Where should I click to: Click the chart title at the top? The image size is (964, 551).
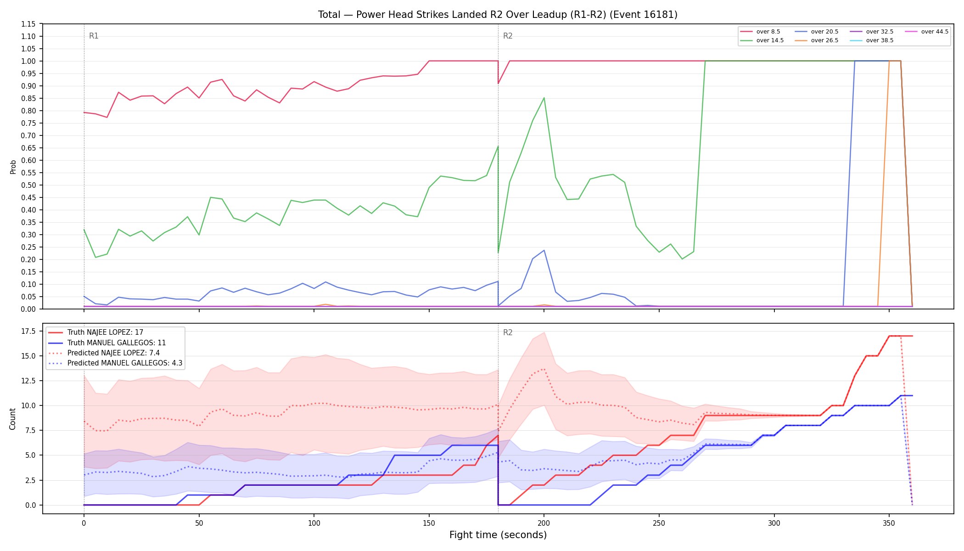click(x=498, y=15)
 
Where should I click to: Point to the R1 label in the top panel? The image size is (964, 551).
click(x=94, y=36)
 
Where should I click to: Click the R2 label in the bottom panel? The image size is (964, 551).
click(x=508, y=332)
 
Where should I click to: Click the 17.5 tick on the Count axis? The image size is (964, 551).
click(x=28, y=331)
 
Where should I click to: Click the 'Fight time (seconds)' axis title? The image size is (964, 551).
click(x=498, y=535)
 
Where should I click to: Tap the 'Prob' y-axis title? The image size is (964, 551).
click(x=13, y=167)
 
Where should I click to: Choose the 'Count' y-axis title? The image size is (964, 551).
click(x=13, y=419)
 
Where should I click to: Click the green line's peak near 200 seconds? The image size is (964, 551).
click(x=544, y=98)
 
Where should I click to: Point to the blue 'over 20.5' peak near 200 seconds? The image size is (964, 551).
click(x=544, y=250)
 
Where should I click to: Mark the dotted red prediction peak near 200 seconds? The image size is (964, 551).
click(x=544, y=369)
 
